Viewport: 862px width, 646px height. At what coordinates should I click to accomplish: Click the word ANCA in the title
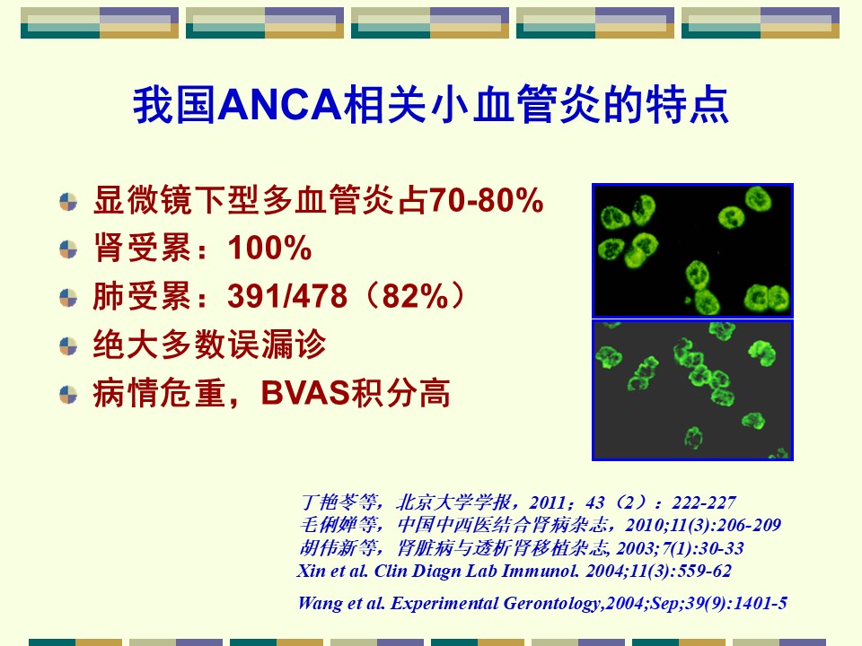[280, 104]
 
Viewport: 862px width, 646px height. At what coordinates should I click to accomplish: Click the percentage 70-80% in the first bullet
[487, 200]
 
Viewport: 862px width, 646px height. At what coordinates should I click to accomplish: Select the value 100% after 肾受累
[270, 249]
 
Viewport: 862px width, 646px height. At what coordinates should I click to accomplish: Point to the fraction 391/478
[287, 297]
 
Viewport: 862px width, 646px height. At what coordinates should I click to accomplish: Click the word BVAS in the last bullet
[305, 393]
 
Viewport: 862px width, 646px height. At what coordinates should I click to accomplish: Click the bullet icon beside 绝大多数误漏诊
[68, 346]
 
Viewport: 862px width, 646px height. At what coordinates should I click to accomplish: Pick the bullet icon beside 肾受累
[68, 249]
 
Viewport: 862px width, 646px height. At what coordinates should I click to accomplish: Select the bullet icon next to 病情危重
[68, 395]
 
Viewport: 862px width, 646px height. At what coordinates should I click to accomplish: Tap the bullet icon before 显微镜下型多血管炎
[68, 202]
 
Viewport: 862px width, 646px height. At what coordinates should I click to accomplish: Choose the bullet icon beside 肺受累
[68, 298]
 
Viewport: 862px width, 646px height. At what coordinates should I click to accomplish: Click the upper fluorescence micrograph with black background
[692, 250]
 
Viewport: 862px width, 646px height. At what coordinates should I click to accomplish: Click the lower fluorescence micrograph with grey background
[692, 390]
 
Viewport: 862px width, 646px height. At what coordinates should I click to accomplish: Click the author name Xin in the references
[310, 571]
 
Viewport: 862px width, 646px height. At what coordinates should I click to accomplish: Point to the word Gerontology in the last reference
[552, 604]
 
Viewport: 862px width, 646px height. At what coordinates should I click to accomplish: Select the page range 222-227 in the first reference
[704, 502]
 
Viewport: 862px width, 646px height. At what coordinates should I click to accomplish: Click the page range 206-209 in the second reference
[749, 525]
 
